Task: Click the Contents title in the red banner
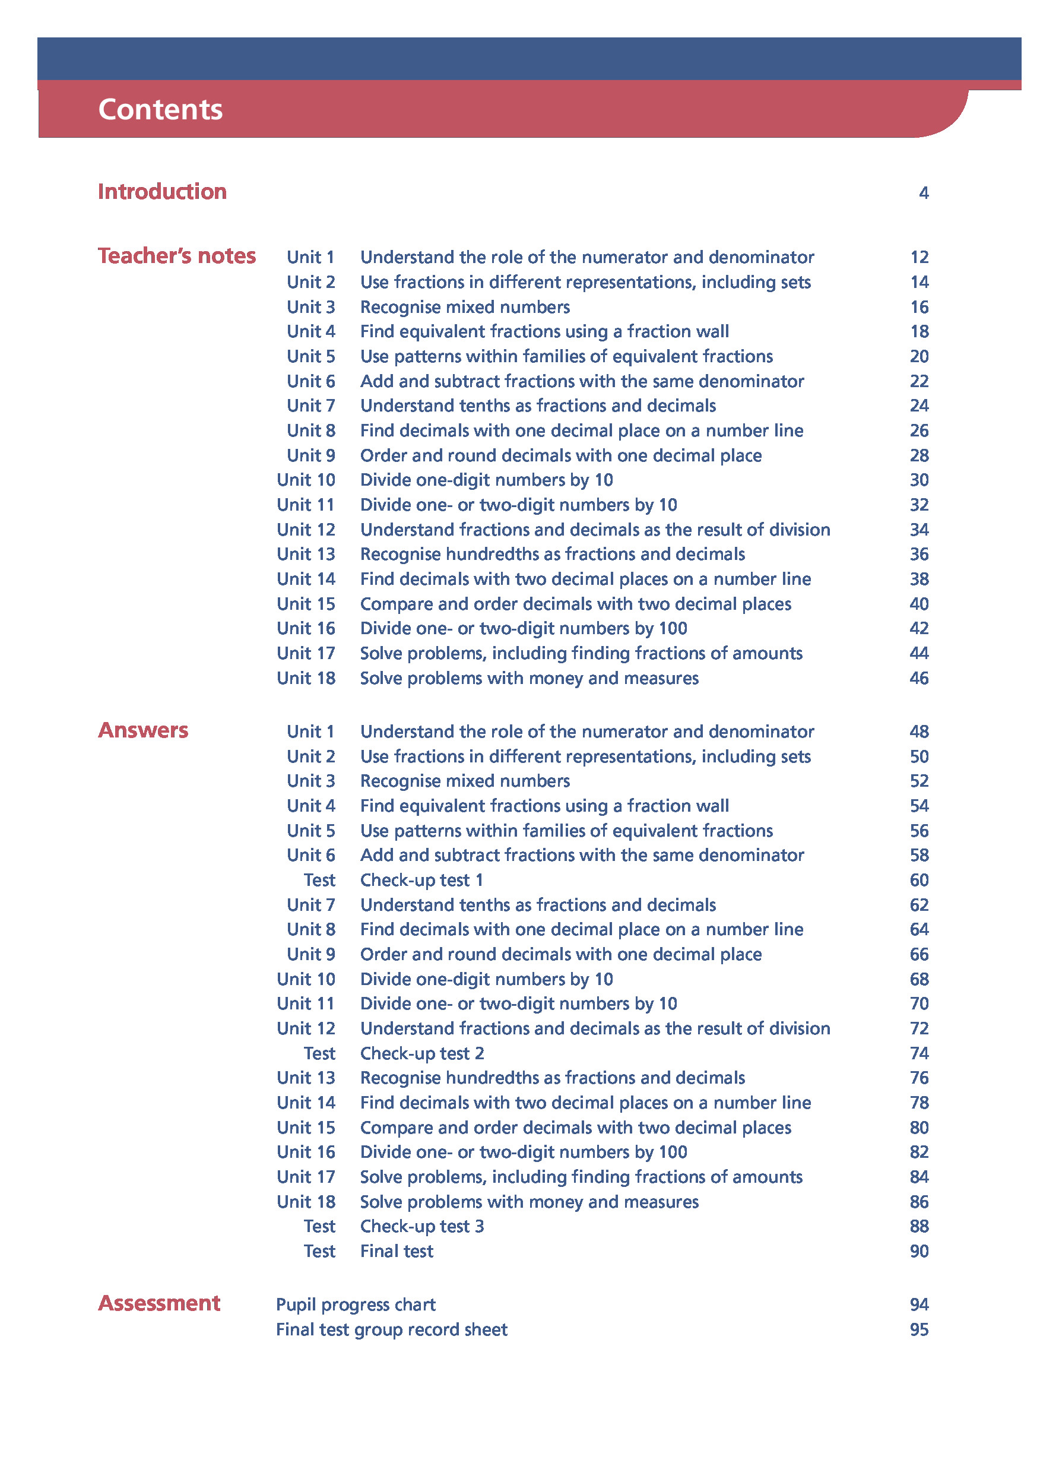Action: click(x=160, y=109)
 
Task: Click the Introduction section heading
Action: click(x=162, y=191)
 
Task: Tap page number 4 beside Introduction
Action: click(x=923, y=192)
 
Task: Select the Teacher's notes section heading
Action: click(x=176, y=256)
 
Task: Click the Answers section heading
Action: click(x=143, y=730)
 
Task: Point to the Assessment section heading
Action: click(x=159, y=1303)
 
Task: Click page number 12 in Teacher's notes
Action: click(x=919, y=257)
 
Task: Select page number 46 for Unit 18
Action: click(x=919, y=678)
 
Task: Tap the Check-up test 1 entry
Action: click(x=421, y=880)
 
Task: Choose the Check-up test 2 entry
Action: click(x=422, y=1053)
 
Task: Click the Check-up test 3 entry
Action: click(x=422, y=1226)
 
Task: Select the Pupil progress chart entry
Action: click(x=356, y=1304)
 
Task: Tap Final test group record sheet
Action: click(x=392, y=1329)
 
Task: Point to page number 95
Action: click(x=919, y=1329)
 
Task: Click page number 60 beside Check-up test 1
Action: click(x=919, y=880)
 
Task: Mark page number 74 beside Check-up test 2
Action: click(x=919, y=1053)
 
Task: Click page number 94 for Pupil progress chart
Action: click(x=919, y=1304)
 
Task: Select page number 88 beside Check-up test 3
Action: click(x=919, y=1226)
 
